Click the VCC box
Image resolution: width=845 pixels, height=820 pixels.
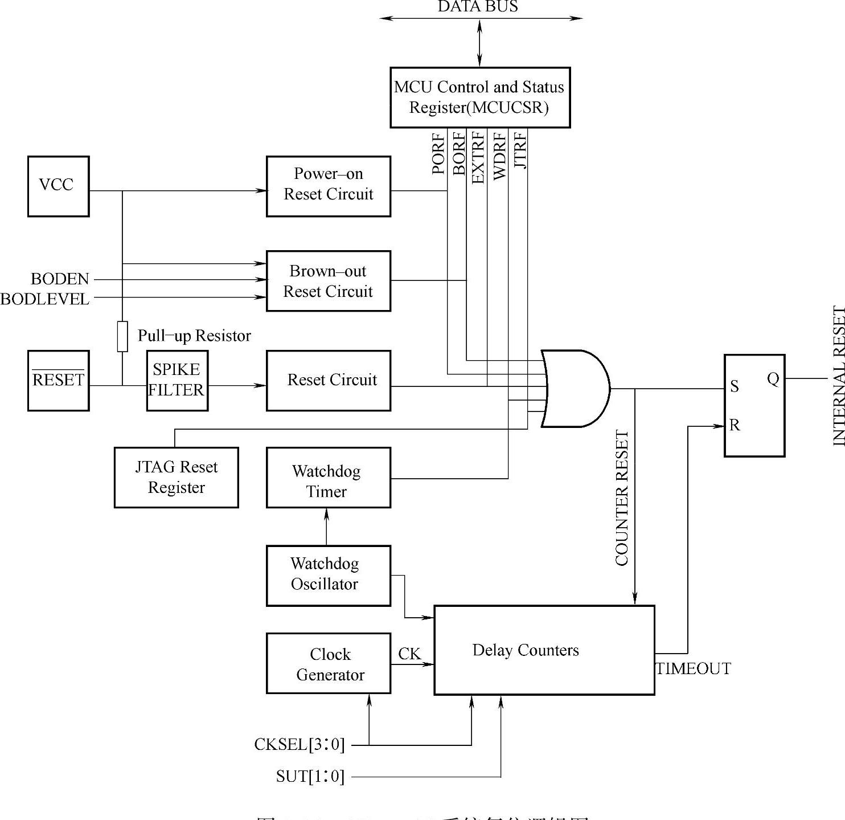(58, 186)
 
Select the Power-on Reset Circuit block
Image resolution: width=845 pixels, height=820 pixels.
(328, 186)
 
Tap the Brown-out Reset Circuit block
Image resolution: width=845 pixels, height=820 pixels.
(328, 281)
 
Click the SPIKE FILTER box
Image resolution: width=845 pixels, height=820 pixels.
(177, 380)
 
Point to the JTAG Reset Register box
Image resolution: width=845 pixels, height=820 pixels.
(176, 477)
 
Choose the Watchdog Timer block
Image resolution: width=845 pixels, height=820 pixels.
(328, 477)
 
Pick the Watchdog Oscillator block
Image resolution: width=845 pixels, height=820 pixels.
(328, 575)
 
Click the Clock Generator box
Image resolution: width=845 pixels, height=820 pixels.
(328, 663)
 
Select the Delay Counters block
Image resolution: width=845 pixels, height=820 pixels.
(544, 650)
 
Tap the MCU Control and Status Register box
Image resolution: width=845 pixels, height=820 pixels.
(479, 97)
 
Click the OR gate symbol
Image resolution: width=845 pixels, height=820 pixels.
(575, 389)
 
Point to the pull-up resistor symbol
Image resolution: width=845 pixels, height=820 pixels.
(122, 336)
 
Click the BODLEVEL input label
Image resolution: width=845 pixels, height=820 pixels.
(45, 299)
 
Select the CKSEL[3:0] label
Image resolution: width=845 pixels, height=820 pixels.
(300, 744)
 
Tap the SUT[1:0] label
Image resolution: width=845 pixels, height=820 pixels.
(310, 776)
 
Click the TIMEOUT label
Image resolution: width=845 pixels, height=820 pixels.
(693, 668)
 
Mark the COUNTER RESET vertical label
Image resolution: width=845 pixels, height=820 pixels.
(622, 497)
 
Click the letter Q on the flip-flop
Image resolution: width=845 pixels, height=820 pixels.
(773, 379)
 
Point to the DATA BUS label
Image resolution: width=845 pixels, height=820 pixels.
(478, 7)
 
